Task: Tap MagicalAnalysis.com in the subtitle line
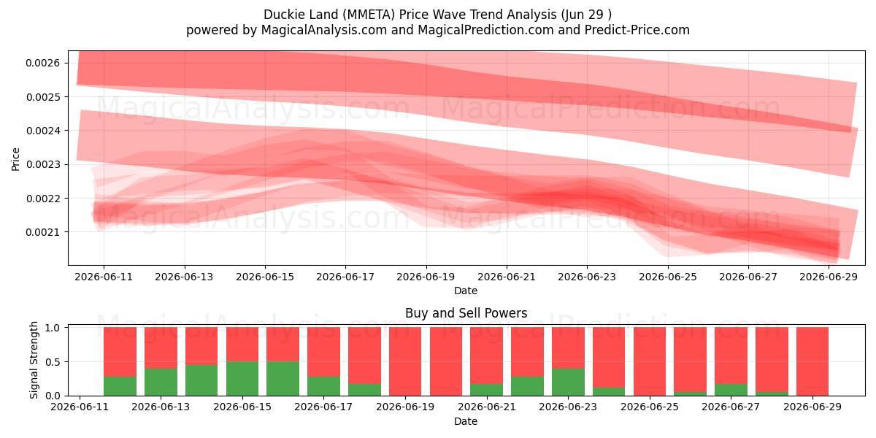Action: click(x=324, y=30)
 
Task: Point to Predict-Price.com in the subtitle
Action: click(x=637, y=30)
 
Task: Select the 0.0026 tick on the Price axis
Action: click(x=43, y=63)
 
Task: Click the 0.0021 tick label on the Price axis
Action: click(x=43, y=232)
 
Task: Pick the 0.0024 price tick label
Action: click(x=43, y=131)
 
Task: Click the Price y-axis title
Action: click(x=15, y=160)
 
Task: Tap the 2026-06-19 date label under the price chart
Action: click(x=426, y=277)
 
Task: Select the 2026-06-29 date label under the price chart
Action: click(x=829, y=277)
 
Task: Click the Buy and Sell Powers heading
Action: click(x=466, y=313)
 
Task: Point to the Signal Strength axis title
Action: click(x=34, y=360)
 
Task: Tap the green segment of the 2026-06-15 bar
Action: click(x=242, y=379)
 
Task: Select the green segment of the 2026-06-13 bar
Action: click(x=161, y=382)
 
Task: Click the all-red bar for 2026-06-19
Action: click(x=405, y=361)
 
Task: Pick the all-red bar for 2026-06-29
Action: click(x=812, y=361)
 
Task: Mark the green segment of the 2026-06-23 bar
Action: click(x=568, y=382)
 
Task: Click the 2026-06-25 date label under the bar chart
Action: click(x=650, y=407)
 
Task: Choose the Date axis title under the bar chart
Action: click(x=466, y=422)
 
